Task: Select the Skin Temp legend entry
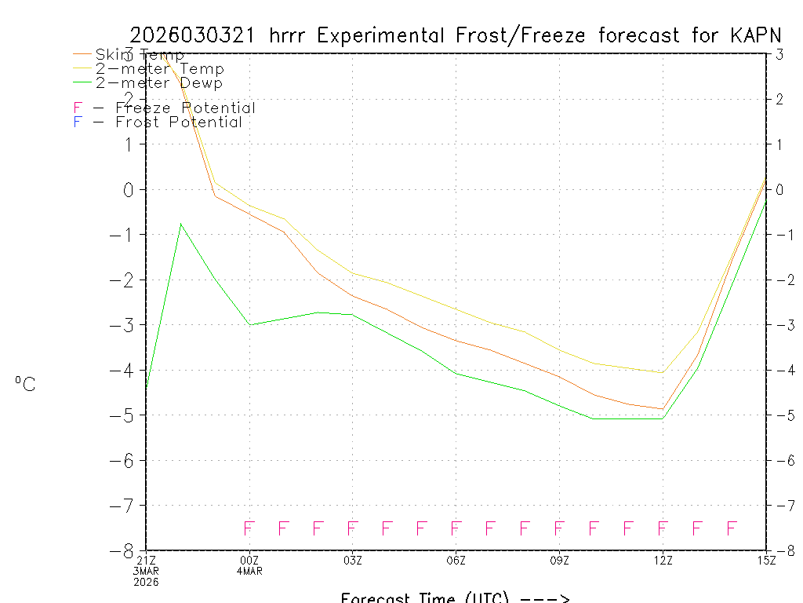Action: pyautogui.click(x=140, y=55)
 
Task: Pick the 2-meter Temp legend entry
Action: pyautogui.click(x=159, y=69)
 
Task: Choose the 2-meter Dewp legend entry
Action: pyautogui.click(x=158, y=82)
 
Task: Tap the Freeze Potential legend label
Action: pyautogui.click(x=185, y=108)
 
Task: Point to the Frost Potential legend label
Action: pyautogui.click(x=179, y=122)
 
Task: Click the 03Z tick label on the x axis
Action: pyautogui.click(x=353, y=560)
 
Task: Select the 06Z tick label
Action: pyautogui.click(x=456, y=560)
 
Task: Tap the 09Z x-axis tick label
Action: pyautogui.click(x=559, y=560)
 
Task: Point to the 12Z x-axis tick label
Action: pyautogui.click(x=663, y=560)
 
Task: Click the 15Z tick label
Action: pyautogui.click(x=766, y=560)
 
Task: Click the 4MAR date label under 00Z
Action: pyautogui.click(x=249, y=571)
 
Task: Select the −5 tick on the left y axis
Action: pyautogui.click(x=126, y=415)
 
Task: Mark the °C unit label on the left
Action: pyautogui.click(x=25, y=384)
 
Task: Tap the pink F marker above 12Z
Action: pyautogui.click(x=663, y=528)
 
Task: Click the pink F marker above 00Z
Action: pyautogui.click(x=249, y=528)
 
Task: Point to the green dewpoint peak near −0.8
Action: pyautogui.click(x=180, y=224)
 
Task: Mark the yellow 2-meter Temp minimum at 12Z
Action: pyautogui.click(x=663, y=373)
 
